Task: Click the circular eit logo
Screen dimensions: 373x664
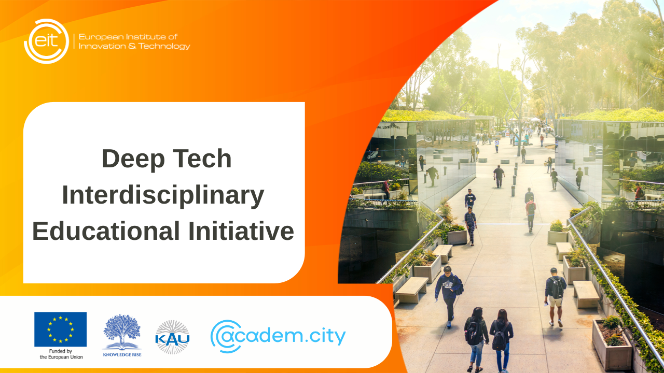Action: click(x=46, y=41)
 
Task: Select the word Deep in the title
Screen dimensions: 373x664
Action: click(x=130, y=159)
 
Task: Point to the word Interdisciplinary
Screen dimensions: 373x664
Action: click(x=163, y=195)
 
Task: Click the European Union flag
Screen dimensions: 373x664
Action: click(x=60, y=329)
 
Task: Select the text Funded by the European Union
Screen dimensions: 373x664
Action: click(x=61, y=354)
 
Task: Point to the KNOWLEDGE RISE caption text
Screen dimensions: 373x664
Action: click(x=122, y=355)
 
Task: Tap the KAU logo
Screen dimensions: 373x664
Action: click(x=172, y=337)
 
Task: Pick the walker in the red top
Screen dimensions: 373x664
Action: click(x=530, y=212)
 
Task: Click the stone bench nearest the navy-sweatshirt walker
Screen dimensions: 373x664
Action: click(x=411, y=290)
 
